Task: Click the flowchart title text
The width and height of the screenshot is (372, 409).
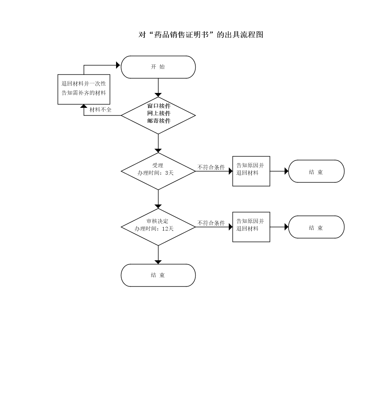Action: point(201,35)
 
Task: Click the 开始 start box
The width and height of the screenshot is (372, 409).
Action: point(158,67)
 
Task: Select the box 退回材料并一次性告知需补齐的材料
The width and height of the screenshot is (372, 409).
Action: point(84,89)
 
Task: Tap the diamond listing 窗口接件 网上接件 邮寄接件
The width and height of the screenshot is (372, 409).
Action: point(158,115)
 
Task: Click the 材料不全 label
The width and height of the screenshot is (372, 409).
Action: point(100,110)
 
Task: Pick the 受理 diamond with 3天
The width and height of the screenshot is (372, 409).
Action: point(158,171)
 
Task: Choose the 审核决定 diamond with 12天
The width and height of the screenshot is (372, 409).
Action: point(158,227)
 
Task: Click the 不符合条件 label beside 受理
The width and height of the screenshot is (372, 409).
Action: point(211,167)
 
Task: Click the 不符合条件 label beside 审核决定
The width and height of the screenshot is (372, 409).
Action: point(211,223)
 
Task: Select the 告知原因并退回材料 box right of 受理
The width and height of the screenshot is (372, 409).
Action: point(251,171)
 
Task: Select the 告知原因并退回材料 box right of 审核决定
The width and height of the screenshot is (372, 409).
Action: point(251,227)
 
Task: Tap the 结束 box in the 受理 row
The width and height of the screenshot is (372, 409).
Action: point(316,171)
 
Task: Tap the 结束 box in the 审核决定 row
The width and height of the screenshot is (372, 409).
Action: point(316,227)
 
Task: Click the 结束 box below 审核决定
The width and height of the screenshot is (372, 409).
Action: point(158,275)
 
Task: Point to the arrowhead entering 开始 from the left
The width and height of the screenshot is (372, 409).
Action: point(118,65)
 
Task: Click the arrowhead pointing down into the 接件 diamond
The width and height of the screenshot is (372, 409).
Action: point(158,94)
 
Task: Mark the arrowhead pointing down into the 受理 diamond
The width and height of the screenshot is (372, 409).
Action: point(158,150)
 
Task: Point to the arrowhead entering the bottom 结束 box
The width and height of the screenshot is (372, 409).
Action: point(158,262)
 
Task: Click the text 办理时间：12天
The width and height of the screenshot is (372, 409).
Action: point(154,229)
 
